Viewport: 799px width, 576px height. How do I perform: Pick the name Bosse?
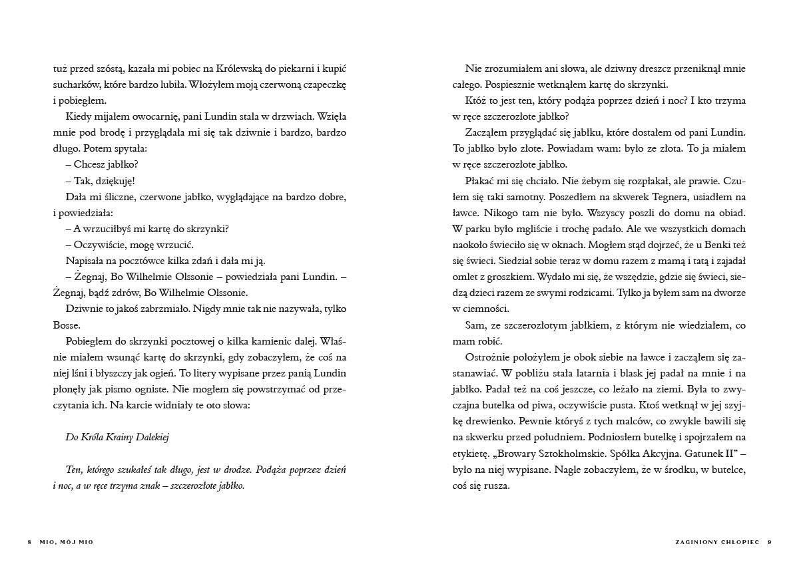coord(66,325)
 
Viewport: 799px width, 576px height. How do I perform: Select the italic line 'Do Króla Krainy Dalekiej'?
coord(119,437)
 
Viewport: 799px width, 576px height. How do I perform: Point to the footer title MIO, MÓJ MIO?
coord(67,541)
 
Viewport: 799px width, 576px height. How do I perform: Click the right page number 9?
coord(769,541)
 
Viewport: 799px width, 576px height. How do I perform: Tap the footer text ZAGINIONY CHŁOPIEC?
coord(717,541)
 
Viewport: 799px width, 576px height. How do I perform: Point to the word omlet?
coord(465,277)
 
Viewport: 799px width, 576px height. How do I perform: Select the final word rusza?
coord(497,486)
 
